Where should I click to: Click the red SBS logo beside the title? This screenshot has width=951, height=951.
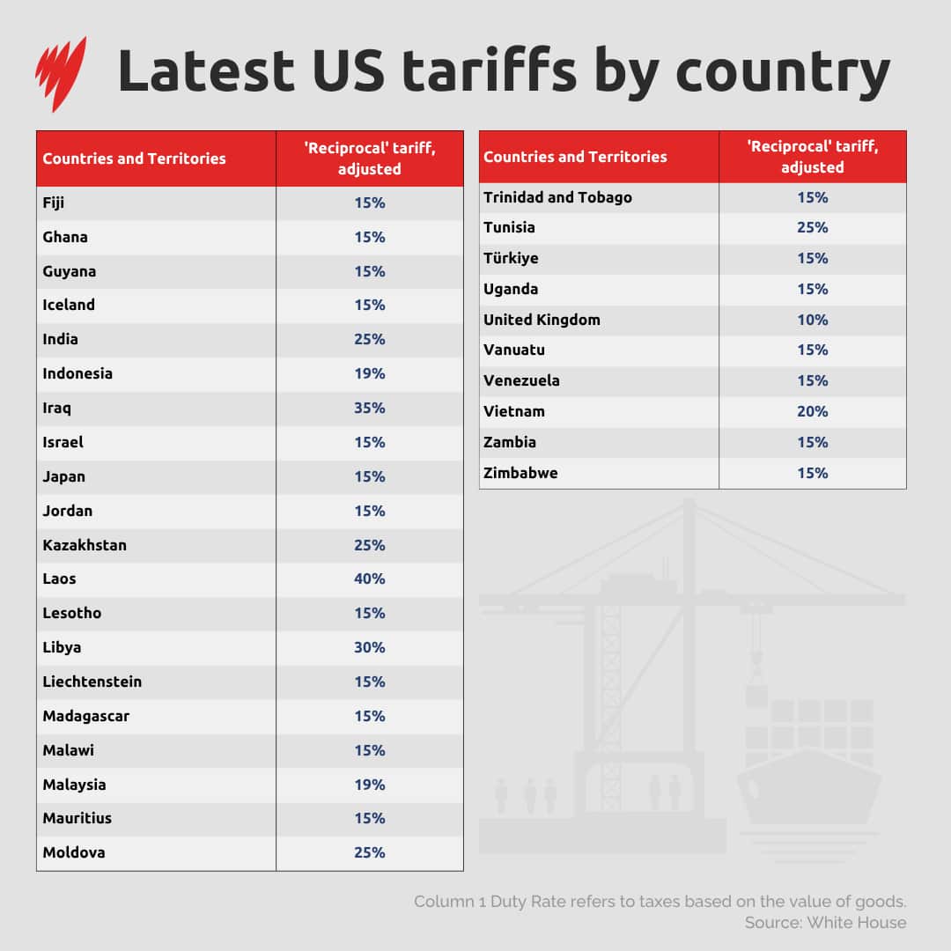tap(61, 72)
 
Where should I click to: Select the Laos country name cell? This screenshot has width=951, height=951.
tap(60, 579)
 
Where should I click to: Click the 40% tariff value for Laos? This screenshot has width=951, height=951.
tap(370, 579)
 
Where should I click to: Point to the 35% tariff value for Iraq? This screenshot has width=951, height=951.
tap(370, 409)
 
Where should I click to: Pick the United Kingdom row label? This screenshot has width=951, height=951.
tap(542, 320)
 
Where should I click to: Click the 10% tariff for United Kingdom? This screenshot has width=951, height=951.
tap(813, 320)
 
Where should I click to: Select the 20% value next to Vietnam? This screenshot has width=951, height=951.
tap(813, 411)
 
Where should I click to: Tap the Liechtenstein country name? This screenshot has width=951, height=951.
tap(92, 682)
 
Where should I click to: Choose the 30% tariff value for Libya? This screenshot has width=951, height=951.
tap(370, 647)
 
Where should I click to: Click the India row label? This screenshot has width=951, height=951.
tap(61, 340)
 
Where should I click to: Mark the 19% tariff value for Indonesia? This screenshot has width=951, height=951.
tap(370, 373)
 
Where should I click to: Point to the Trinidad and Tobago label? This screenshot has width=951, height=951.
tap(557, 197)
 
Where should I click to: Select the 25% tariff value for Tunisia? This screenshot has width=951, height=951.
tap(813, 227)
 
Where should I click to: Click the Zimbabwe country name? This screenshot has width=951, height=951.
tap(520, 473)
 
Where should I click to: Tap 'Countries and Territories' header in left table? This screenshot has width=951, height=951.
tap(134, 158)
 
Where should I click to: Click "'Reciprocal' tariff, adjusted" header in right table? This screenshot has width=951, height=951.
tap(813, 157)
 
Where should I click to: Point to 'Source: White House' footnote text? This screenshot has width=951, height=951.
tap(825, 923)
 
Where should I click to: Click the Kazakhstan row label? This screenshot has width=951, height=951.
tap(85, 545)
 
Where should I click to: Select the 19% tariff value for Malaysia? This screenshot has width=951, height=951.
tap(370, 785)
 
